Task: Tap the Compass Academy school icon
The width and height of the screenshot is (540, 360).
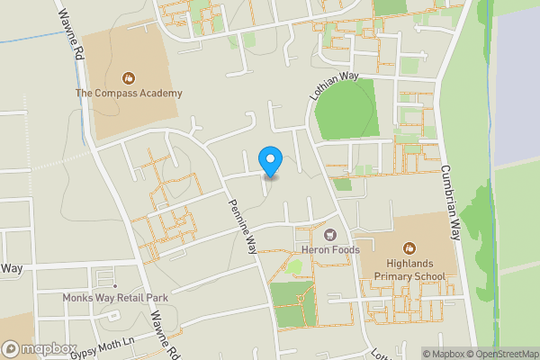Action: [x=129, y=77]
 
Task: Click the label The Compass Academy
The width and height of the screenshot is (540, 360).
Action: [x=129, y=93]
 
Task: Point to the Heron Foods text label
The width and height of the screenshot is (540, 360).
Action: [x=330, y=249]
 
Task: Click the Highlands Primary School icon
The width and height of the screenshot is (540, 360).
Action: [x=409, y=247]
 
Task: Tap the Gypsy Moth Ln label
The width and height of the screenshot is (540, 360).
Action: [x=103, y=349]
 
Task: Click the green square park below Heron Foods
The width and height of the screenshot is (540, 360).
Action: [x=292, y=303]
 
